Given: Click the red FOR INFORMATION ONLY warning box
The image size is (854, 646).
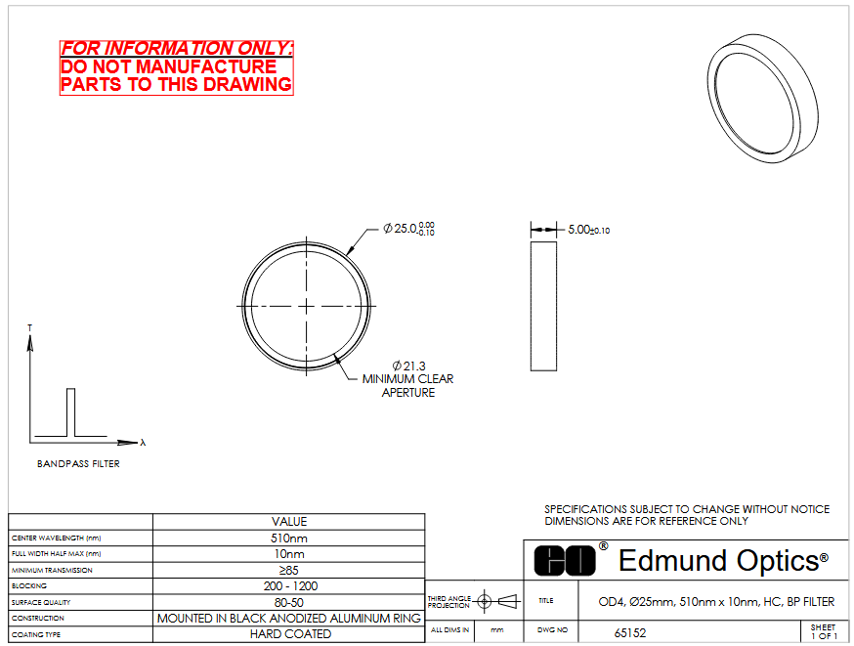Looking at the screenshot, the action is pos(177,67).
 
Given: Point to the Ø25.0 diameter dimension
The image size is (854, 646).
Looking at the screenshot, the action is pos(408,229).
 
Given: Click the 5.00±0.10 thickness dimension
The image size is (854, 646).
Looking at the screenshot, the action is pos(589,230).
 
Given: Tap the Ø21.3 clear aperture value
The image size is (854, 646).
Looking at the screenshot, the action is pos(409,366).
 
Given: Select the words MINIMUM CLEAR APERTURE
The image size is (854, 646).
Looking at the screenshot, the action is pos(407,386).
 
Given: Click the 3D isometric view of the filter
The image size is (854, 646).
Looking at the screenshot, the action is pos(763,98).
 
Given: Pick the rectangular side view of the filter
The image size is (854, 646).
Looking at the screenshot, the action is pos(543,306).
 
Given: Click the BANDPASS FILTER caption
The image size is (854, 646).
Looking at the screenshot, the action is pos(78,463).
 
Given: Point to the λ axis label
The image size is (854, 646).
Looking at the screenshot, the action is pos(143,443).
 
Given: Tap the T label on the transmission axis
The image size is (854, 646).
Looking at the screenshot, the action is pos(30,327).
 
